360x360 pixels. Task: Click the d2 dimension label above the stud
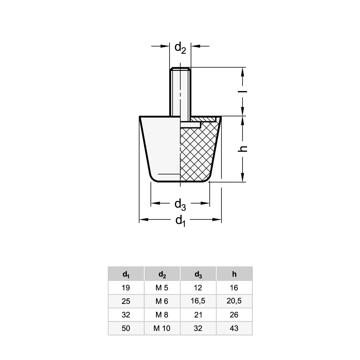(x=180, y=48)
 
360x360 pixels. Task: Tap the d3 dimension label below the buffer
(x=180, y=205)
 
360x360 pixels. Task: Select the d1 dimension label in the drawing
(x=180, y=221)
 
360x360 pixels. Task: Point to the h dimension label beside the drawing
(x=242, y=148)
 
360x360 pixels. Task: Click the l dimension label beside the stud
(x=242, y=91)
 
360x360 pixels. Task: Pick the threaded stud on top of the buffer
(x=180, y=92)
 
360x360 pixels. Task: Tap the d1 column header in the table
(x=126, y=274)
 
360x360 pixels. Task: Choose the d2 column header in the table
(x=162, y=274)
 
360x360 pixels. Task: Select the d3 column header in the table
(x=198, y=274)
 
